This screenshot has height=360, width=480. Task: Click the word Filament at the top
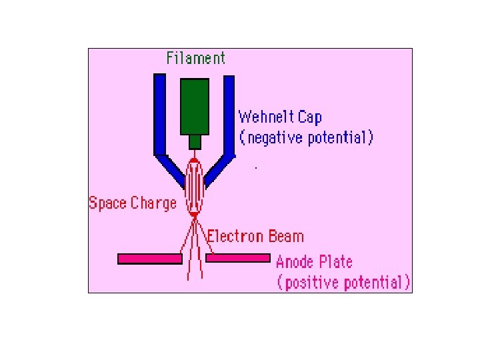coord(196,58)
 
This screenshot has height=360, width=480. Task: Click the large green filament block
coord(195,107)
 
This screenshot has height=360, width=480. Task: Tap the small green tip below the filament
coord(195,142)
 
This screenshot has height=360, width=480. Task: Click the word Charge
coord(154,203)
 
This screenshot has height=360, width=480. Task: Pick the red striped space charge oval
coord(194,186)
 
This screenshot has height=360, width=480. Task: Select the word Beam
coord(286,236)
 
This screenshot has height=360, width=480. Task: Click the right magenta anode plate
coord(238,258)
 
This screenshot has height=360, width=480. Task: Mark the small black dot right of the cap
coord(256,167)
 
